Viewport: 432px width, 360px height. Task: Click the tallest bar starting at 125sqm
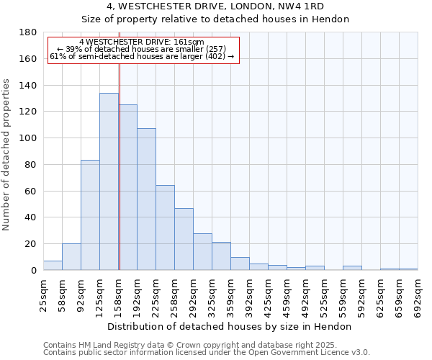pos(109,181)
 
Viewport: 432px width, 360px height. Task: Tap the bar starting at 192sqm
pos(146,199)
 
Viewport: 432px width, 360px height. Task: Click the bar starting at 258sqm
pos(184,239)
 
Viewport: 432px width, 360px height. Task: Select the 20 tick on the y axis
pos(32,244)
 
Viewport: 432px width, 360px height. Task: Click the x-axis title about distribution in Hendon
pos(229,326)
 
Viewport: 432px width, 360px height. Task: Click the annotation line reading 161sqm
pos(142,42)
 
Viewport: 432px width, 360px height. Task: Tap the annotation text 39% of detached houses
pos(142,49)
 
